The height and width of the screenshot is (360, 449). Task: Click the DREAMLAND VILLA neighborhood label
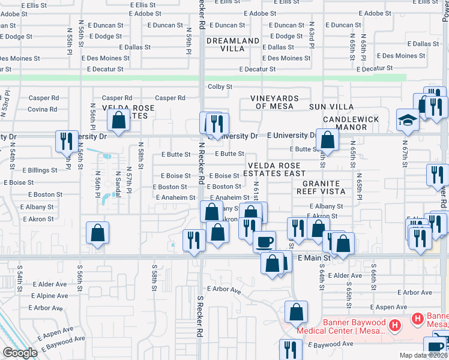[233, 46]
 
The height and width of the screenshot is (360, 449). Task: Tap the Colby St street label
[220, 87]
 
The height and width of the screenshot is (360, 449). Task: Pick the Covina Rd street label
[43, 109]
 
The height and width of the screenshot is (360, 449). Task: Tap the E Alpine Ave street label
[50, 296]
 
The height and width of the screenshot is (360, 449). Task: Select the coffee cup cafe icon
[264, 242]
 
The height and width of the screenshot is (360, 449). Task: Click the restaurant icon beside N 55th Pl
[65, 141]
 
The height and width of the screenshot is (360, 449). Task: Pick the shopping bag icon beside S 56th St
[97, 234]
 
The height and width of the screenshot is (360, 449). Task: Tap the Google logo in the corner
[20, 353]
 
